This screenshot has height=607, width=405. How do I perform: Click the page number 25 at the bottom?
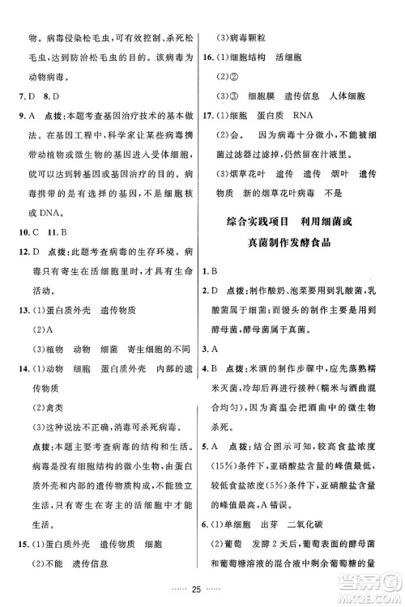pyautogui.click(x=202, y=585)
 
